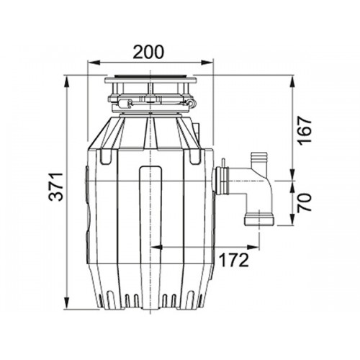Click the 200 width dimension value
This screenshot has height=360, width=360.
point(148,52)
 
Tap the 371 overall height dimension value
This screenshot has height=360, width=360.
point(55,186)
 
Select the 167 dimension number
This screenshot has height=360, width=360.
point(304,130)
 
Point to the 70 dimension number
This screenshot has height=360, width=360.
point(304,202)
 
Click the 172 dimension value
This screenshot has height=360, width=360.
point(233,260)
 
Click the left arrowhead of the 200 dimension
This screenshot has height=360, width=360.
point(94,63)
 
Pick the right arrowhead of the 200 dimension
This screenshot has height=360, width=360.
point(207,63)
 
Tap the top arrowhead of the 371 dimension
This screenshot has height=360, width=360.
point(67,81)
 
